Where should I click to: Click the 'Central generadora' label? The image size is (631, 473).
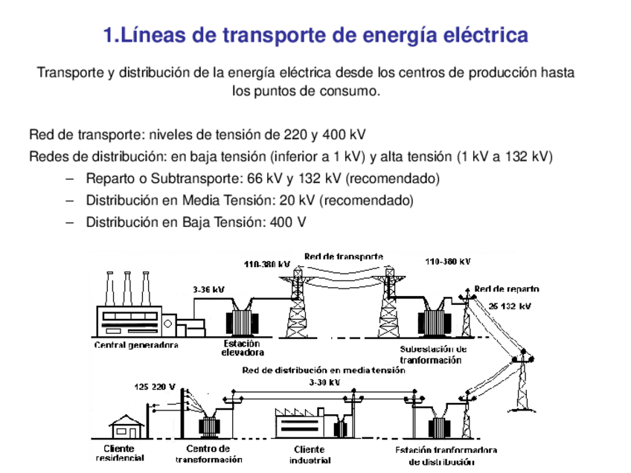(x=136, y=345)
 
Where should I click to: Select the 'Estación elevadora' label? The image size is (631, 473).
(x=242, y=348)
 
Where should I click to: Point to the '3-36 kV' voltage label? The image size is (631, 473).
(x=208, y=290)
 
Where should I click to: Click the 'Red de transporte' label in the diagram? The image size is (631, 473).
(x=343, y=256)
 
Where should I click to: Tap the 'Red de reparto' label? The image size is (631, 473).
(x=506, y=289)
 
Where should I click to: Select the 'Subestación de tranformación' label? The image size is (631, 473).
(x=433, y=354)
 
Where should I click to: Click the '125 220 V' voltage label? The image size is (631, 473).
(x=155, y=387)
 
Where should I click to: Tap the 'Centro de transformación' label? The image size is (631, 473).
(x=208, y=454)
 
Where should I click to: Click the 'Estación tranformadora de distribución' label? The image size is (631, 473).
(x=445, y=455)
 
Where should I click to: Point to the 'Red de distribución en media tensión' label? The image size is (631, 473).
(x=324, y=370)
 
